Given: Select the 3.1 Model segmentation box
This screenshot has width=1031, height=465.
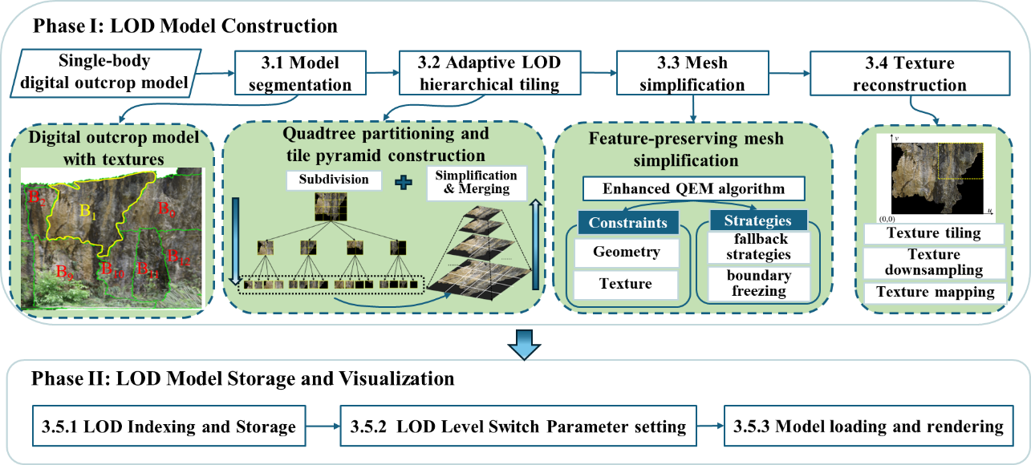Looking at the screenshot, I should [300, 72].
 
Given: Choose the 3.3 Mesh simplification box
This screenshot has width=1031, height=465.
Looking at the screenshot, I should [692, 72].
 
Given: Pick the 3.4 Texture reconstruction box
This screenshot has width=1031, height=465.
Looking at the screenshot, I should [907, 72].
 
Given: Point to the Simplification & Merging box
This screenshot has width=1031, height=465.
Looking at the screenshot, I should [477, 183].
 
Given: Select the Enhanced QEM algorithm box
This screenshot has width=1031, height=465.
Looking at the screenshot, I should [695, 189].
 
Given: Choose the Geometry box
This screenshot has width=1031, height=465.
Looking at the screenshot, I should [626, 253].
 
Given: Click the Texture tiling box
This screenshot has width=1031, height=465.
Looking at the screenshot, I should [933, 233].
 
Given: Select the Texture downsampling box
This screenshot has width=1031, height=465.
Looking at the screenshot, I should [933, 262].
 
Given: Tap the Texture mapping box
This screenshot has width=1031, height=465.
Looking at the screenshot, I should [933, 291].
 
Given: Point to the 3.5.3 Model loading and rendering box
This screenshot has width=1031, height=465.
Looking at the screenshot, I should [868, 427].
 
